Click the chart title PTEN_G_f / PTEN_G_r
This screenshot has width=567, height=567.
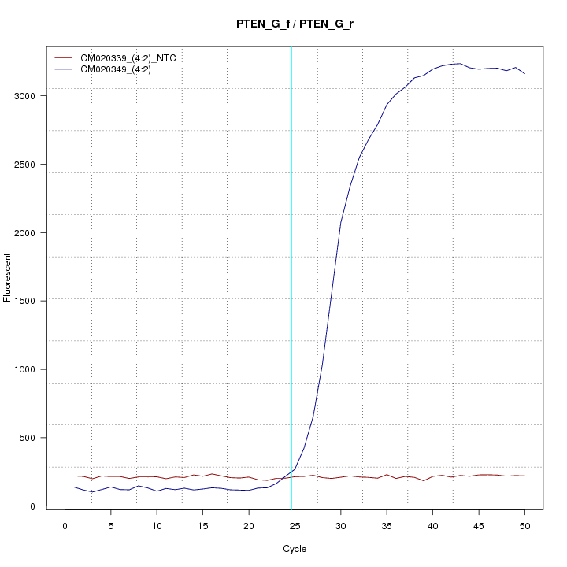[295, 24]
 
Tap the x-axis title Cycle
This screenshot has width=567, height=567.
[295, 549]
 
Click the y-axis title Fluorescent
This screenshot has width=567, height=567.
[8, 277]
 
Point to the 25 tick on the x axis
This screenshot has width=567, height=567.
[295, 526]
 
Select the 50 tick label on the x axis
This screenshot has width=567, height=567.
[524, 526]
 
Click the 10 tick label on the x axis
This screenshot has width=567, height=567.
[157, 526]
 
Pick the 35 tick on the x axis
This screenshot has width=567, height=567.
[387, 526]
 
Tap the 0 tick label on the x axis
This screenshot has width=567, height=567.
[65, 526]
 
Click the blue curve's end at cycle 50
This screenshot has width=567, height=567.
[524, 74]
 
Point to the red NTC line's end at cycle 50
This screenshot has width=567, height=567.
[524, 476]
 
